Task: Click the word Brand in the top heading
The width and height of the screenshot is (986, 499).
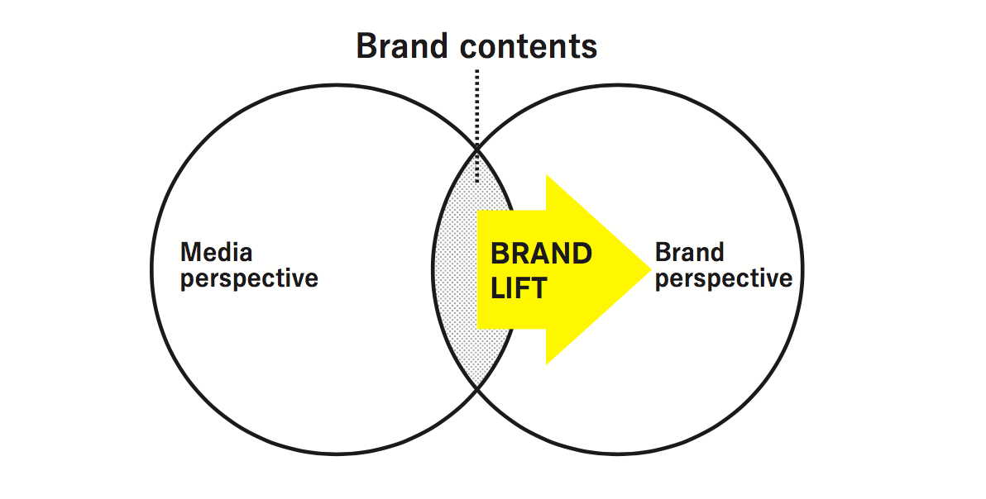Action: coord(403,45)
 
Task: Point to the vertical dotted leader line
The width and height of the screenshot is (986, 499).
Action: coord(477,126)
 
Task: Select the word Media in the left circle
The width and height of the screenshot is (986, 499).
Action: coord(217,252)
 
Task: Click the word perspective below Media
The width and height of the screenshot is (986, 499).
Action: coord(250,278)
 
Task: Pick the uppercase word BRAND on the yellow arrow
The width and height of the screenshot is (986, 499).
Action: coord(541,254)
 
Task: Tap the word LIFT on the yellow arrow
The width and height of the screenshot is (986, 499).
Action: coord(519,288)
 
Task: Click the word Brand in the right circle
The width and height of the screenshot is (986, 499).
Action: coord(690,252)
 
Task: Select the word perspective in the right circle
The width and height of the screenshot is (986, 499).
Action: coord(724,278)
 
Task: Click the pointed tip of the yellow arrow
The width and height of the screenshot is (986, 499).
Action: coord(652,269)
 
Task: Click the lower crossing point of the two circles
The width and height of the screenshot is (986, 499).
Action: coord(477,390)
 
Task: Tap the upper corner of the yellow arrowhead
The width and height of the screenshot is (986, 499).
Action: coord(547,174)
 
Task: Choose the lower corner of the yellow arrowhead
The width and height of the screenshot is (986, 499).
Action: coord(547,364)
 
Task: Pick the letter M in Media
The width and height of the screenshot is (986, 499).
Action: coord(191,252)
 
